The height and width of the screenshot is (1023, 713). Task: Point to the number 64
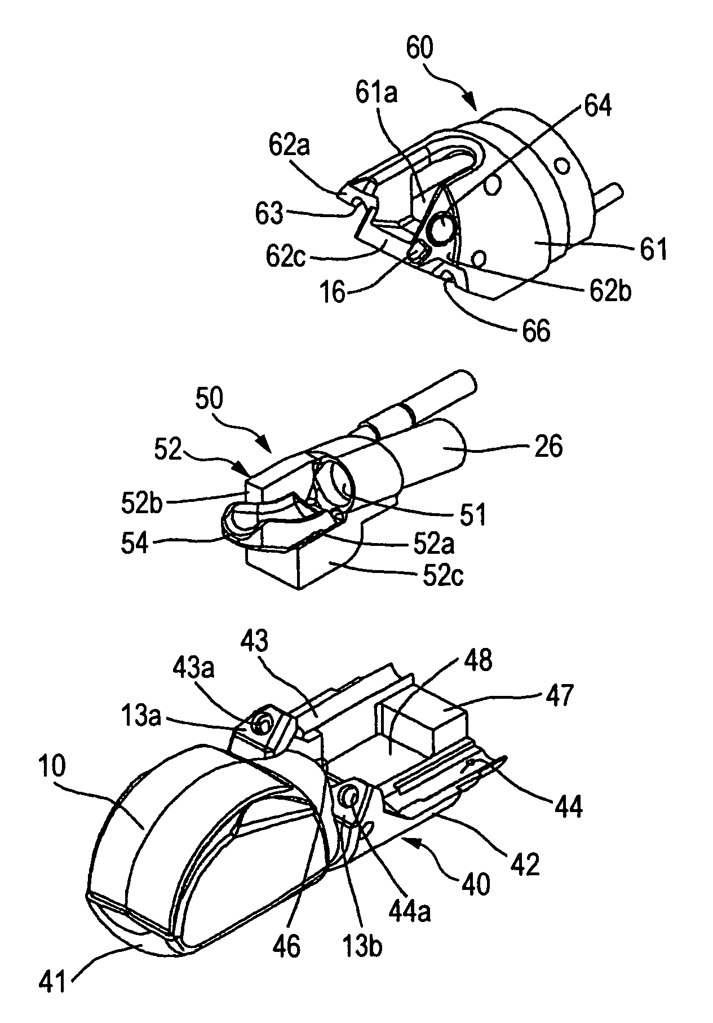pyautogui.click(x=596, y=106)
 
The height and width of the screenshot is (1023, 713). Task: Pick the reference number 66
pyautogui.click(x=535, y=332)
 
